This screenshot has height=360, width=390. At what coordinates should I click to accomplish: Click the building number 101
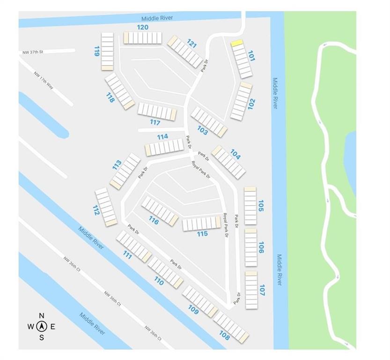click(251, 56)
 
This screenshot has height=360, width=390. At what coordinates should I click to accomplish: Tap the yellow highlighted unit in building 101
click(237, 43)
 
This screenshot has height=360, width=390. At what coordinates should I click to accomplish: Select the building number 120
click(142, 27)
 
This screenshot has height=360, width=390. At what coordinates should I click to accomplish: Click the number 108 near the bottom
click(224, 336)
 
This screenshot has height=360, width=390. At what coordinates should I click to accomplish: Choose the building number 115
click(202, 233)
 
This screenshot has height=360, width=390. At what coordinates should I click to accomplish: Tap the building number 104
click(235, 154)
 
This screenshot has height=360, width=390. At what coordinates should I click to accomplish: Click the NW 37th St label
click(32, 52)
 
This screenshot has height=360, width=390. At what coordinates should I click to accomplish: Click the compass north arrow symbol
click(42, 326)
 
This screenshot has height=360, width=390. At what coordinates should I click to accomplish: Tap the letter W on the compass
click(30, 327)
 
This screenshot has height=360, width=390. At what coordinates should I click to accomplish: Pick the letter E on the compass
click(53, 327)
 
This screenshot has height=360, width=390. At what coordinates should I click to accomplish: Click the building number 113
click(117, 165)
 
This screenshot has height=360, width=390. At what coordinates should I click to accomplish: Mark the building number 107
click(262, 290)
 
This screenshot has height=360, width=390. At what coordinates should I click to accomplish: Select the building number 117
click(155, 123)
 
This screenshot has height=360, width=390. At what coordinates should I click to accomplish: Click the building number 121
click(191, 44)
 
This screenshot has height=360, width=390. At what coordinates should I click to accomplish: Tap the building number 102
click(251, 104)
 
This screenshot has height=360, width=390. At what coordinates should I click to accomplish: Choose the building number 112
click(96, 210)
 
